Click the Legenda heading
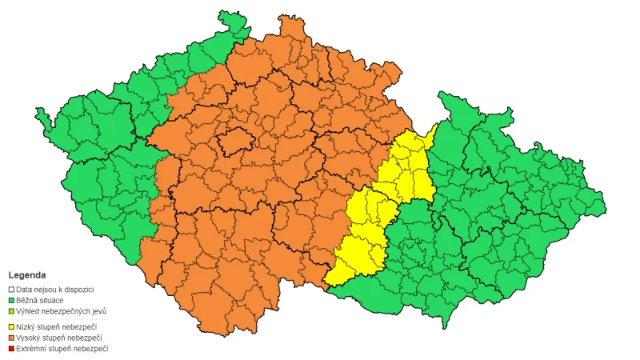click(27, 274)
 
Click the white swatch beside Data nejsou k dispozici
click(11, 289)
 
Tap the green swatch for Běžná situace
click(11, 299)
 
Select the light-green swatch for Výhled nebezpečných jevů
click(11, 310)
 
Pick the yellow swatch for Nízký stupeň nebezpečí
click(11, 326)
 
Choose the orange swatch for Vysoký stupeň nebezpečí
click(11, 338)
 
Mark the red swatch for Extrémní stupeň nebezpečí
click(11, 349)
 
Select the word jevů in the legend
click(98, 310)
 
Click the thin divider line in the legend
click(56, 318)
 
